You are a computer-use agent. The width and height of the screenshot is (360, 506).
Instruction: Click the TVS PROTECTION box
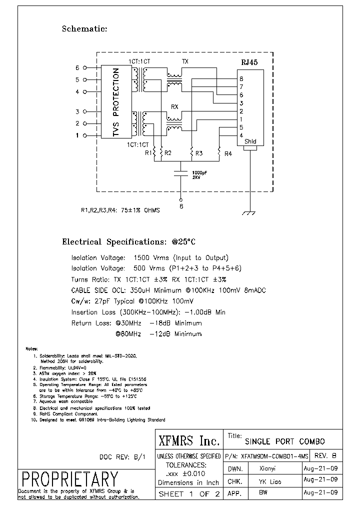116,102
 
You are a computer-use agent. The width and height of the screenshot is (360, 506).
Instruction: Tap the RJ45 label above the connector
249,62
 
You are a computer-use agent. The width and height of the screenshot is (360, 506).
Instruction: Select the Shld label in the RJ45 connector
250,141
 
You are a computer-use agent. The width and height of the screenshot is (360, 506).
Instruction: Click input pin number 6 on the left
77,67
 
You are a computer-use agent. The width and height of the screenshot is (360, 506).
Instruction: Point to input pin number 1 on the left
77,135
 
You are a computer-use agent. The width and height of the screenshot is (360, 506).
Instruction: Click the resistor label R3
199,153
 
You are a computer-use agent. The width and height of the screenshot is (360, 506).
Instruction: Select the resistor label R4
228,153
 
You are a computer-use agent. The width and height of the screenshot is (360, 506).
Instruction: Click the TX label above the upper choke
185,61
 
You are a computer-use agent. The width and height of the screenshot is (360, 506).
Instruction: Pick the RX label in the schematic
175,106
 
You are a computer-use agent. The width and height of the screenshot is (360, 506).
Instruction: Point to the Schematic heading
84,29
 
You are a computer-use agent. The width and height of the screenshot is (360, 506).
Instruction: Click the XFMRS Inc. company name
188,440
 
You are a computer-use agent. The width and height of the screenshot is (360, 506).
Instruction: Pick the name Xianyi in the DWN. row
267,468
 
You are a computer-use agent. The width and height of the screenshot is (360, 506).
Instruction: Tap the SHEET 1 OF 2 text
188,494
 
